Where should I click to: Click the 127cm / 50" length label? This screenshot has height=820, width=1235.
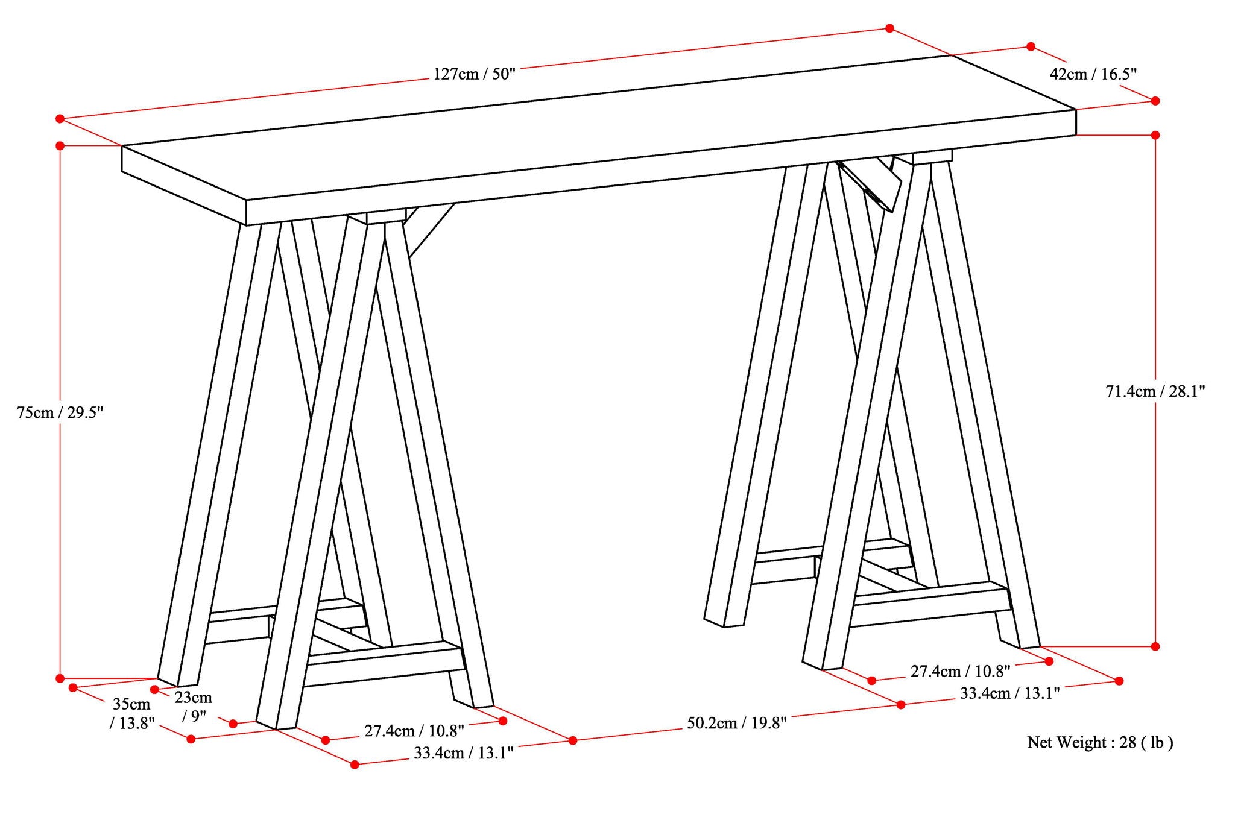tap(475, 75)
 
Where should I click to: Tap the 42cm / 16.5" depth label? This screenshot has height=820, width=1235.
tap(1093, 74)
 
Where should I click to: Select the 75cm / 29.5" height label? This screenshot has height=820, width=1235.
tap(60, 413)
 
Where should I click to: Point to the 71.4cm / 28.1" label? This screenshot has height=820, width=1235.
tap(1155, 391)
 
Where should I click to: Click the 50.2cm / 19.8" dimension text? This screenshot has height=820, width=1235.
tap(737, 723)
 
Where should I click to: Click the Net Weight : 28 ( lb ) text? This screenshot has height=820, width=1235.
tap(1100, 742)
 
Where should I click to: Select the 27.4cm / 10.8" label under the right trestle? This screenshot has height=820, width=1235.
tap(960, 671)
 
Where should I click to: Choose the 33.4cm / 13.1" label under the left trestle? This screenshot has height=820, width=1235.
tap(463, 753)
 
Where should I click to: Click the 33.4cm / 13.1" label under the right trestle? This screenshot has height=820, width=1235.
tap(1009, 693)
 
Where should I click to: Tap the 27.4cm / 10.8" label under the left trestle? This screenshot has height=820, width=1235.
tap(414, 731)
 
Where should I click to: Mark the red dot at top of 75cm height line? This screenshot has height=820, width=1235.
tap(60, 145)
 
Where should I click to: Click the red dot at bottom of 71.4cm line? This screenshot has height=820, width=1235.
tap(1155, 646)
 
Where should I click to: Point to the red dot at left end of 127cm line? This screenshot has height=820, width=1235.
tap(60, 119)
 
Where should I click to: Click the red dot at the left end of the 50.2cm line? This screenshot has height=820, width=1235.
tap(573, 740)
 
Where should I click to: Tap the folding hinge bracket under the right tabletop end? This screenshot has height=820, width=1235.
tap(874, 184)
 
